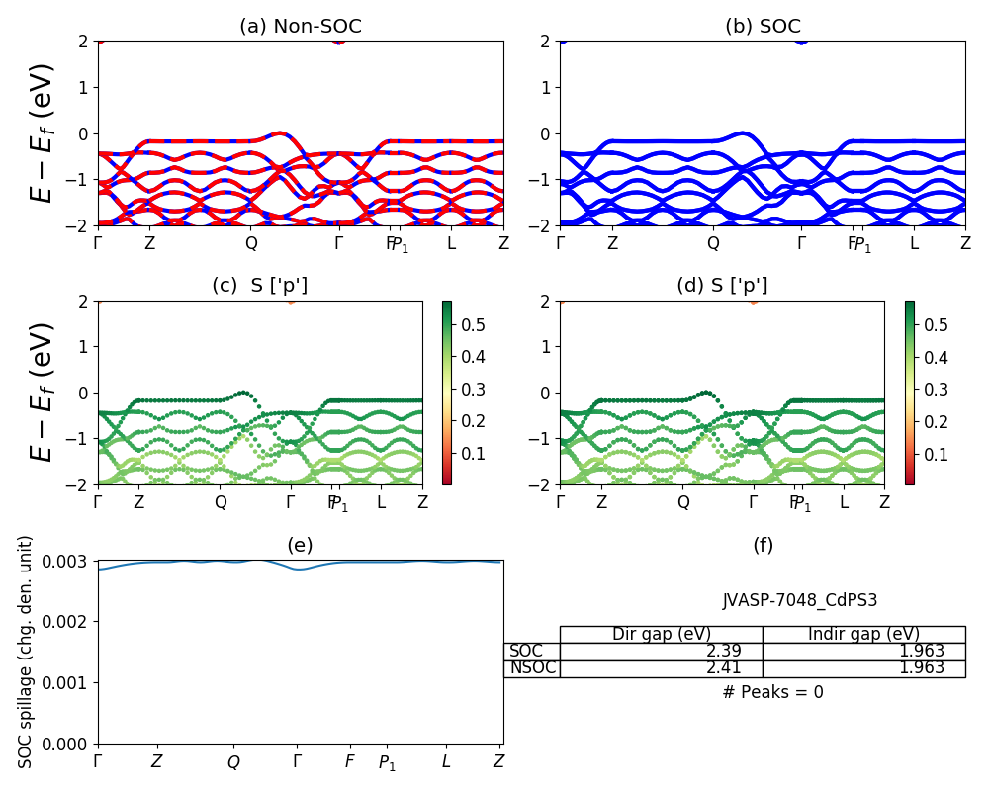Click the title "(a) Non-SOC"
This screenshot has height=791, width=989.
click(300, 27)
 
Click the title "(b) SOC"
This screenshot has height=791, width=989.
click(763, 27)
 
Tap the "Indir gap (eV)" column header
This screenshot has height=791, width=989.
click(863, 634)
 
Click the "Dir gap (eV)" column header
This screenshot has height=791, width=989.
click(661, 634)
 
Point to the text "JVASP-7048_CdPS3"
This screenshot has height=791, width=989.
click(799, 600)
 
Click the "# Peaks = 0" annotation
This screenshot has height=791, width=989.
click(772, 692)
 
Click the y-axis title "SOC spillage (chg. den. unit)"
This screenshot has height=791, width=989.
click(27, 651)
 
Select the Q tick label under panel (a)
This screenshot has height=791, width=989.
click(251, 243)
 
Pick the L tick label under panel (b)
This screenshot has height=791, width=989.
click(914, 243)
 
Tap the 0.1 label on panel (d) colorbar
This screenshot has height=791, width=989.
click(936, 454)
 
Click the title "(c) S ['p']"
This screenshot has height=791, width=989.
click(259, 286)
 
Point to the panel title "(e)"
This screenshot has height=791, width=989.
click(300, 545)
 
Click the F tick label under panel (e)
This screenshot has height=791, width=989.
click(349, 761)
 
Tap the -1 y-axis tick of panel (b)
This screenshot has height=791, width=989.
click(544, 180)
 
